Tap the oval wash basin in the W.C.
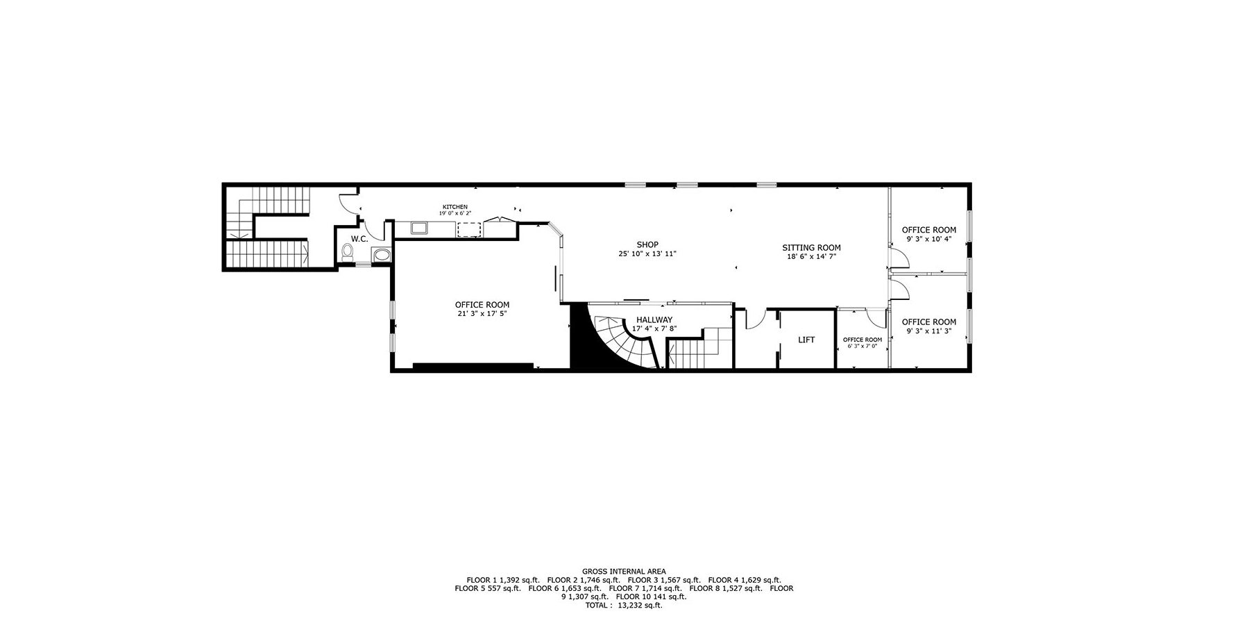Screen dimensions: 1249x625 tap(382, 255)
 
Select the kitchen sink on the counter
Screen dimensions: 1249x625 tap(420, 227)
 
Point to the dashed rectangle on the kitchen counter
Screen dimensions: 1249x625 tap(470, 230)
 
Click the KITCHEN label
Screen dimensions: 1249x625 tap(455, 207)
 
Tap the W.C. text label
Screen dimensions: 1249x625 tap(359, 239)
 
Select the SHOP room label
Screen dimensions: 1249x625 tap(647, 244)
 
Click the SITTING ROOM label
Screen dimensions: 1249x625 tap(811, 248)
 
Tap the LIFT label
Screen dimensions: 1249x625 tap(806, 340)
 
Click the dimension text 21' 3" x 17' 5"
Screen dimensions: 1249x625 tap(482, 314)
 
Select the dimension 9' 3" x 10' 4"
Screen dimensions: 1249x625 tap(928, 239)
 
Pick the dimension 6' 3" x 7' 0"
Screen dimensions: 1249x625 tap(863, 346)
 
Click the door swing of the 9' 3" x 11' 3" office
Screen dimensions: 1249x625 tap(899, 288)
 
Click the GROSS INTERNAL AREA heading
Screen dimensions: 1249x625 tap(624, 572)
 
